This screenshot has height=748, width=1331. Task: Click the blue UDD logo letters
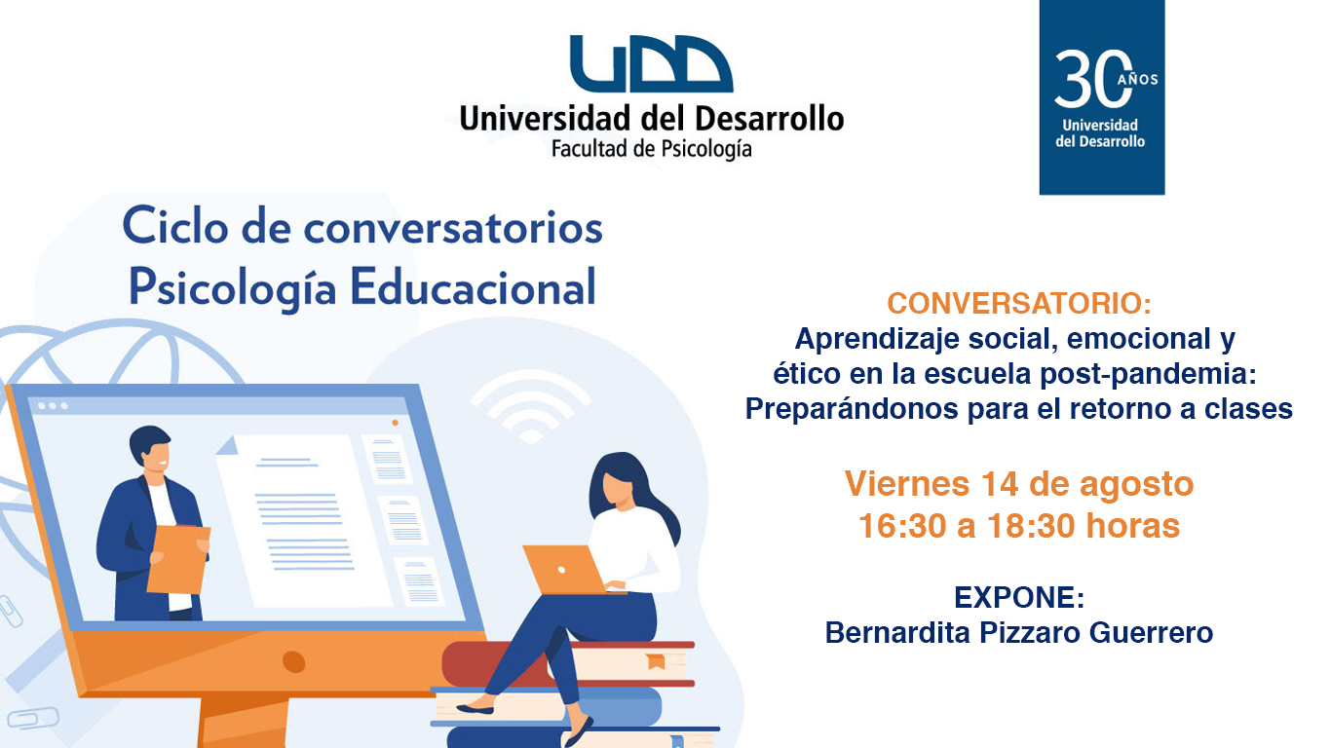pos(651,63)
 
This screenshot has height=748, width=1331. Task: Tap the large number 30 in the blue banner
pos(1092,79)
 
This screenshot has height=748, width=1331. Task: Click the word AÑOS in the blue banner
pos(1138,80)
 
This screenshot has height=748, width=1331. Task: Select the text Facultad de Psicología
pos(651,149)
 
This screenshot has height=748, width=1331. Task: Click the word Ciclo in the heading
pos(175,226)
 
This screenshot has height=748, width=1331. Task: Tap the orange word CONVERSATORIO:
pos(1019,303)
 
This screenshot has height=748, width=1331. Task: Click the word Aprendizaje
pos(878,339)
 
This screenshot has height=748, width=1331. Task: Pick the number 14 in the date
pos(1000,484)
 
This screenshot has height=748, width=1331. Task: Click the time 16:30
pos(902,526)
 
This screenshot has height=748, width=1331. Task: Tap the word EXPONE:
pos(1019,597)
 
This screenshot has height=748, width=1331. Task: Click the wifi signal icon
pos(531,407)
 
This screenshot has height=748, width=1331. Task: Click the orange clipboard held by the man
pos(178,559)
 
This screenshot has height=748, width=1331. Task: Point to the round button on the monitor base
pos(293,661)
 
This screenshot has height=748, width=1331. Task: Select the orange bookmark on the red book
pos(656,660)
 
